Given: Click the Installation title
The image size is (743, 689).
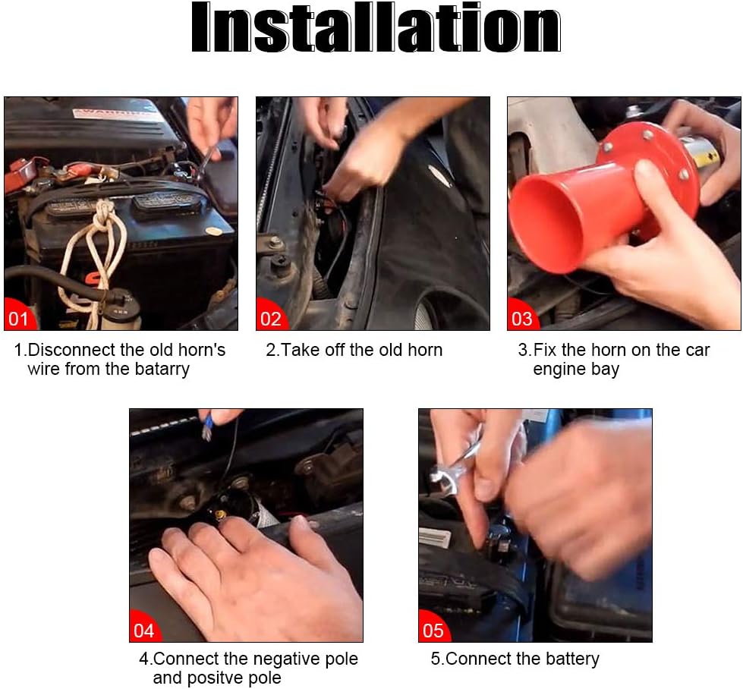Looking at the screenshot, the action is [376, 27].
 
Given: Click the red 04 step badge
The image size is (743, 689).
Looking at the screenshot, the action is [143, 628].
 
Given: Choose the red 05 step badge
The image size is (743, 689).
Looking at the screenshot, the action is [433, 628].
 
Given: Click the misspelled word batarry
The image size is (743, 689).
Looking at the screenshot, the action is [162, 369].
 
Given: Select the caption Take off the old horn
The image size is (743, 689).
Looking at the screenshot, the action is [354, 350].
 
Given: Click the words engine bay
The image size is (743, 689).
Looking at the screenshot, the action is [576, 369].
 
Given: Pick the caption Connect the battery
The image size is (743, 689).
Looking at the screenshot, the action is [515, 659].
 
